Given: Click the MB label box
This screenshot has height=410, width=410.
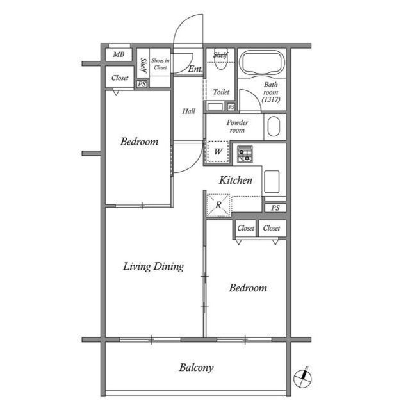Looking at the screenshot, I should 119,55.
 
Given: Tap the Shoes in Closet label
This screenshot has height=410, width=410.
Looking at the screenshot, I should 160,62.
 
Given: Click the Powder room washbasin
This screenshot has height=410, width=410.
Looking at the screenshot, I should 274,126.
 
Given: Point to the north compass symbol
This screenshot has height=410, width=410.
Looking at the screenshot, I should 302,377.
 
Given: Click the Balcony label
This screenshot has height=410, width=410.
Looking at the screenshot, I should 196,368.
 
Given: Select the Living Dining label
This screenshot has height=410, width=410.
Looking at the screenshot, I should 154,266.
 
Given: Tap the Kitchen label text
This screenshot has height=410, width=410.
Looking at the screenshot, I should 236,181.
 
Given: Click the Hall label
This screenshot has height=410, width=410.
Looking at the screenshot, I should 188,111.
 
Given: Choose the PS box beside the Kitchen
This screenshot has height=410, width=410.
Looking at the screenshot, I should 275,208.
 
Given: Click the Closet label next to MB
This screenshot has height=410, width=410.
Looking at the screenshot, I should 120,78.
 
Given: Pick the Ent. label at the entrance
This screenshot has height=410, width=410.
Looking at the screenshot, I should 195,69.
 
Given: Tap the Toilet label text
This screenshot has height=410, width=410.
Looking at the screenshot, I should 221,92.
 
